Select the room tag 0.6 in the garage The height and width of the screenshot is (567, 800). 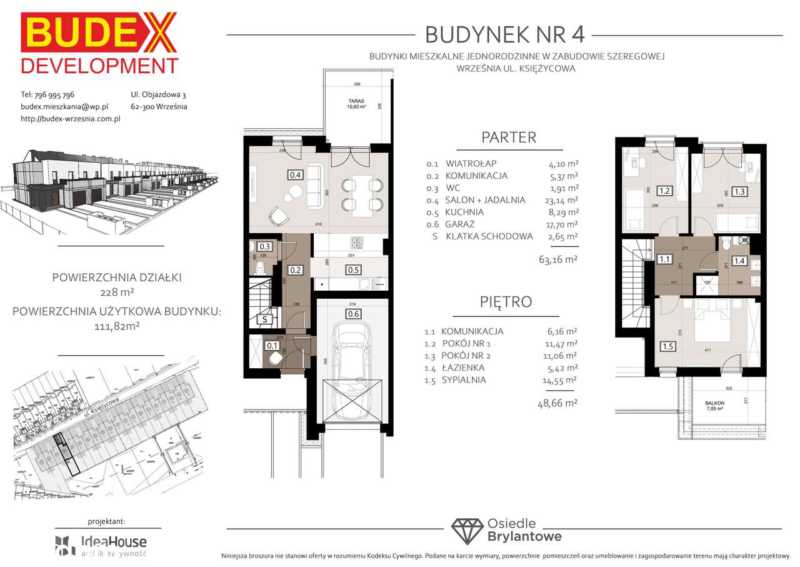click(354, 314)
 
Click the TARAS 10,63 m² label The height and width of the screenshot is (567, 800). click(357, 103)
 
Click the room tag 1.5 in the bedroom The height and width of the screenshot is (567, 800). click(668, 346)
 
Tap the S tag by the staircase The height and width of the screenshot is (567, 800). click(265, 319)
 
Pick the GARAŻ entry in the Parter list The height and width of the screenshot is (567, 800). click(463, 224)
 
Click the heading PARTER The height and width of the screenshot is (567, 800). click(508, 138)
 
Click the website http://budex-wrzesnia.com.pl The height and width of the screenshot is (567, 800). click(70, 118)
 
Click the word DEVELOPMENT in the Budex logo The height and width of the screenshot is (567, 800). click(99, 66)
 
